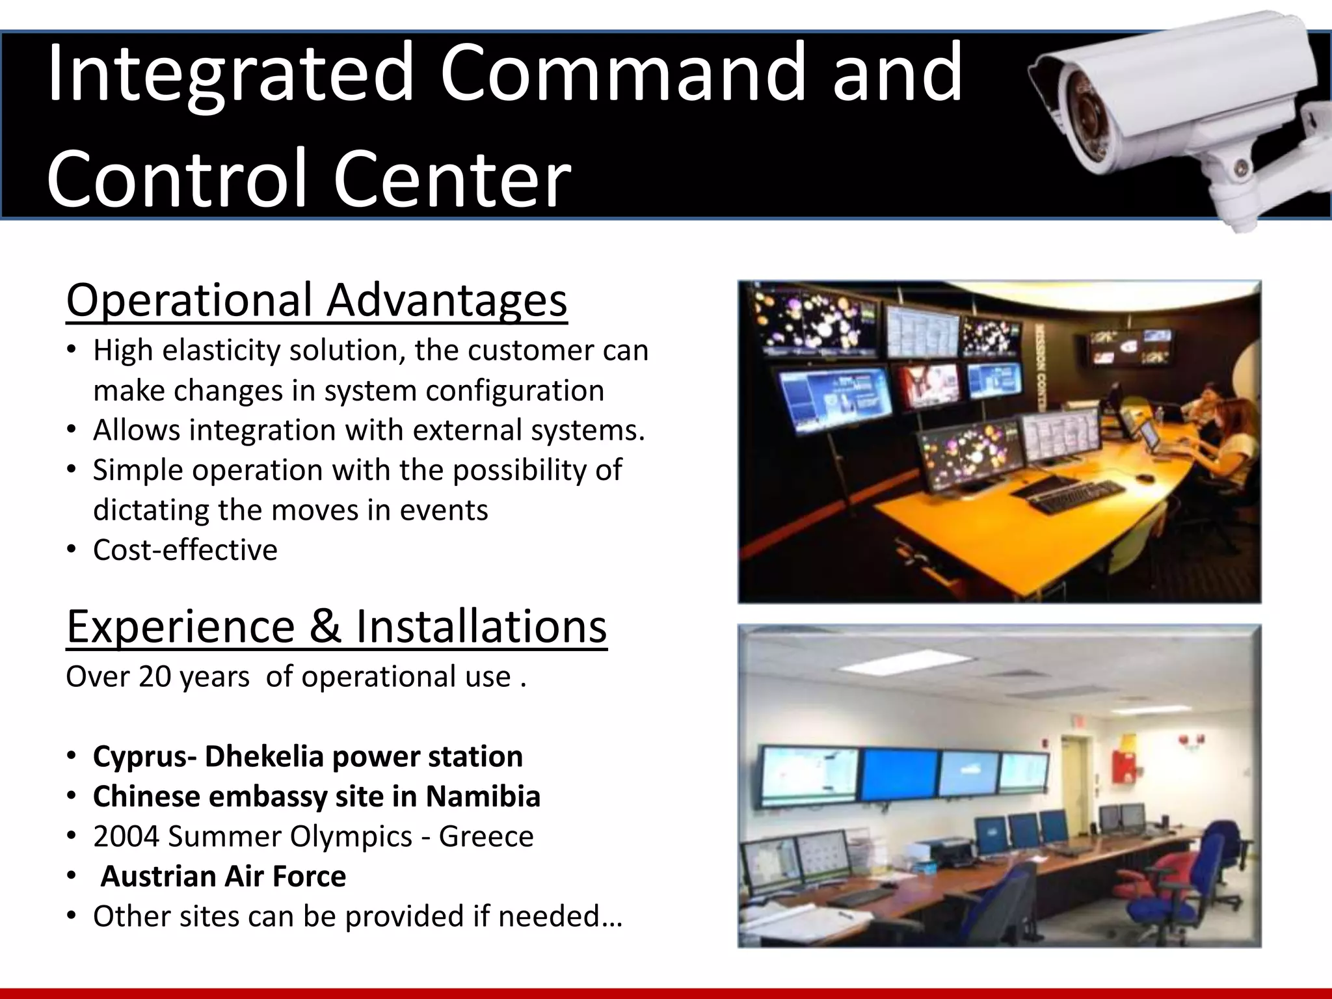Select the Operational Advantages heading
[317, 300]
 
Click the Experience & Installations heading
[336, 626]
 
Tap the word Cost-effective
[185, 550]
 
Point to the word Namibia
[483, 797]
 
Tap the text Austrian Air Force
[223, 876]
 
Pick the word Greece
[486, 836]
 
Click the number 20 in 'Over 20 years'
[154, 677]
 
